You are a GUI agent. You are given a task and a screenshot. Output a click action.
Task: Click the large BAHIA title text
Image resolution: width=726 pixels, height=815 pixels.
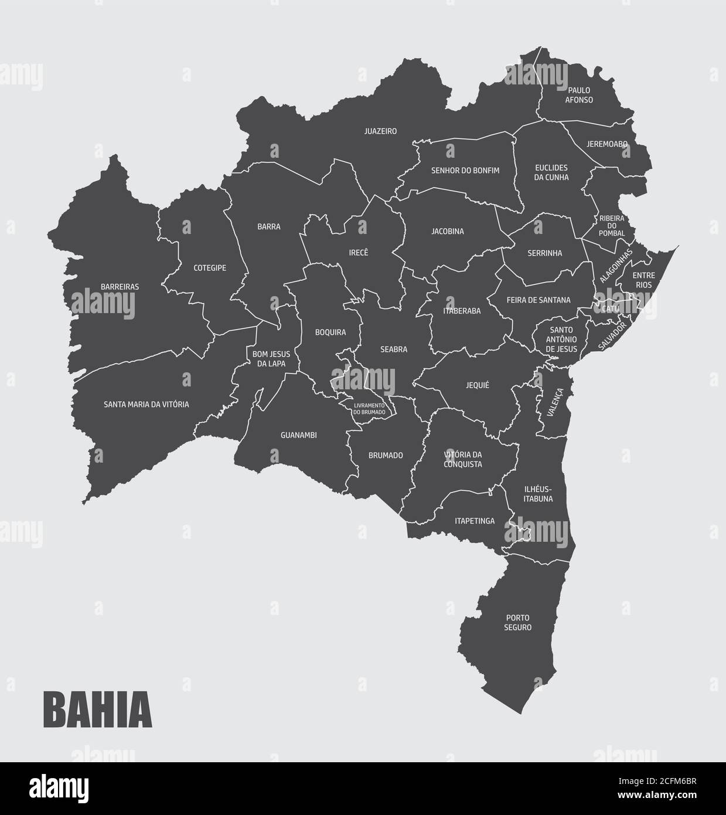(x=97, y=710)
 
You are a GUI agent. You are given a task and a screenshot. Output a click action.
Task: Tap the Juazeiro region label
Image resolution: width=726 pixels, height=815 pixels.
(x=380, y=131)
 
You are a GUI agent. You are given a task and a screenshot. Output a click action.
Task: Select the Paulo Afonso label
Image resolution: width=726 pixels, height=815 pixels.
(x=579, y=95)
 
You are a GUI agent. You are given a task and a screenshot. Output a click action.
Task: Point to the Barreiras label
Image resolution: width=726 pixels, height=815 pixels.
(x=120, y=287)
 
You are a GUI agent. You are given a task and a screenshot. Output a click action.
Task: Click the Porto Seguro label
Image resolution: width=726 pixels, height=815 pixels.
(x=518, y=623)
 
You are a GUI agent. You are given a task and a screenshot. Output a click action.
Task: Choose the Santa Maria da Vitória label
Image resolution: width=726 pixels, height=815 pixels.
(x=146, y=404)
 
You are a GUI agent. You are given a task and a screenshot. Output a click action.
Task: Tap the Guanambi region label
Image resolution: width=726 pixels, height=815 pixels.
(x=299, y=435)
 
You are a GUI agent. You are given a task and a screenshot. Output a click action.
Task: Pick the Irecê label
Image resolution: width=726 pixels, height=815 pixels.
(x=359, y=253)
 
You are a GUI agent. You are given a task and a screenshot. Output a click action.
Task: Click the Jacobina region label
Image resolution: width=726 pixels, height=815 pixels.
(x=448, y=232)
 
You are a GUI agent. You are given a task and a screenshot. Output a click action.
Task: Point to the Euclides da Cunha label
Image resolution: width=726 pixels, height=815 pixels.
(x=551, y=172)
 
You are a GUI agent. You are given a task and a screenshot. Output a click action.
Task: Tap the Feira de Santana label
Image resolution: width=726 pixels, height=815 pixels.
(x=538, y=300)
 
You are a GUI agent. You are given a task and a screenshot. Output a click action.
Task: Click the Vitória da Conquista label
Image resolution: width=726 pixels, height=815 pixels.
(x=463, y=459)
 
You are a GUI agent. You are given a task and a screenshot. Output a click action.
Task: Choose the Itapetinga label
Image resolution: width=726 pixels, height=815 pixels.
(x=475, y=521)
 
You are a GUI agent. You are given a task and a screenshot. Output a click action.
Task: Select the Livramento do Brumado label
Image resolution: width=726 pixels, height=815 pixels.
(x=369, y=409)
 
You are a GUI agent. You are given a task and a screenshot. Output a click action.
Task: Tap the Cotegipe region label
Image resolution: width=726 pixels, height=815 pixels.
(x=210, y=268)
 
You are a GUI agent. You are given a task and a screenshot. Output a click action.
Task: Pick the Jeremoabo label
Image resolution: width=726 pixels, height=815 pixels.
(x=607, y=144)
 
